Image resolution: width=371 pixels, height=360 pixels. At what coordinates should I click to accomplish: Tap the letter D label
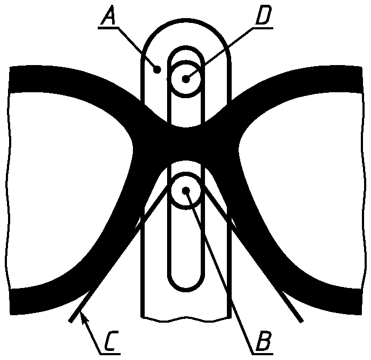(x=264, y=17)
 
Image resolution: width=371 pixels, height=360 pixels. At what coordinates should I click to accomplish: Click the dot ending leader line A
(x=156, y=69)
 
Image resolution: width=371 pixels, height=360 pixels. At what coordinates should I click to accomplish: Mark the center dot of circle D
(x=185, y=79)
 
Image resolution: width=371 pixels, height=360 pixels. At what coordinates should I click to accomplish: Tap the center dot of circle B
(x=185, y=190)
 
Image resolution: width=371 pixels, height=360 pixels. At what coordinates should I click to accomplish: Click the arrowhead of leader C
(x=82, y=317)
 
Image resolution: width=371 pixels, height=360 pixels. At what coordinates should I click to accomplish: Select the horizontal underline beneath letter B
(x=262, y=353)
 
